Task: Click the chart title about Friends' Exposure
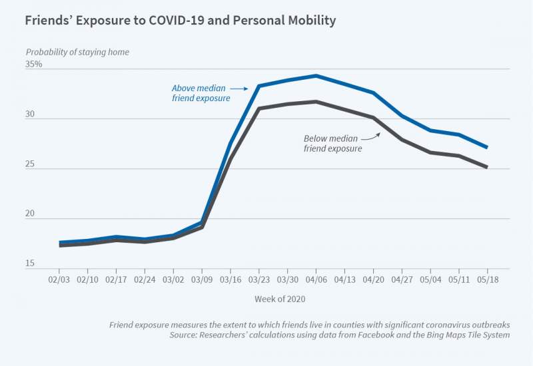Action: click(x=180, y=21)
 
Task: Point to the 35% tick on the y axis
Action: click(x=34, y=65)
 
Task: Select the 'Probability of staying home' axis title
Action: click(x=77, y=52)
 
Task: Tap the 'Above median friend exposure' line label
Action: click(x=201, y=93)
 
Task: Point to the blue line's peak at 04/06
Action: click(x=316, y=76)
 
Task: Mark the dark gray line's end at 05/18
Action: click(x=487, y=167)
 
